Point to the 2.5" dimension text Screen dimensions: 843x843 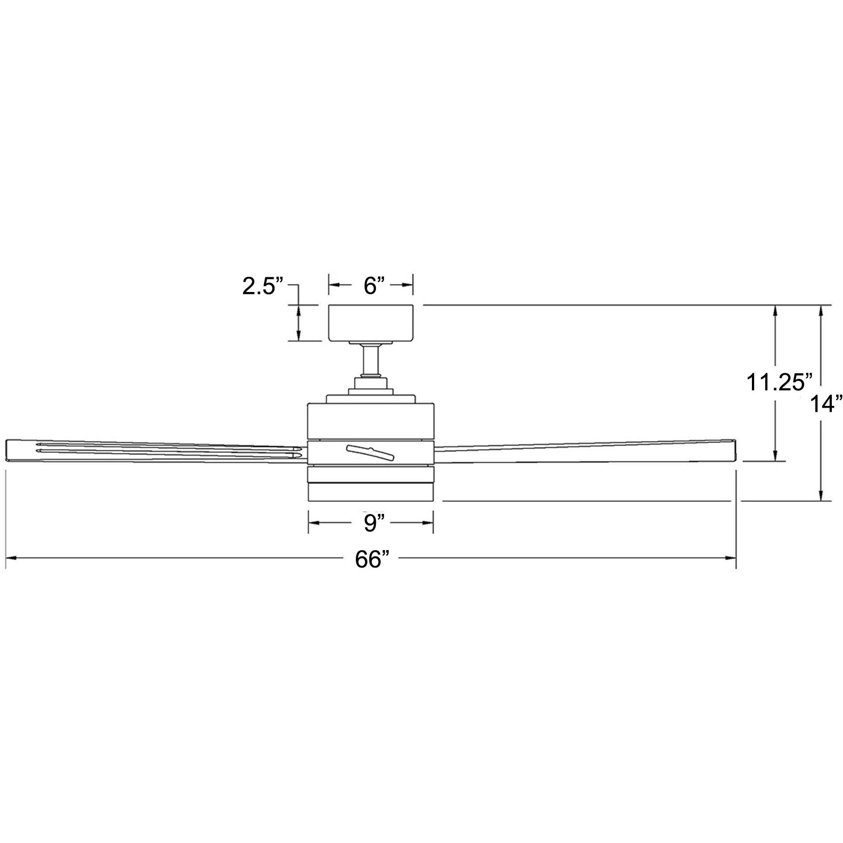point(263,286)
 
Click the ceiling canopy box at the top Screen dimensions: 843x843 point(372,322)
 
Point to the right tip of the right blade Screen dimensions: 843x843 point(733,451)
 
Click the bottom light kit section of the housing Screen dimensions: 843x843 point(371,491)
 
